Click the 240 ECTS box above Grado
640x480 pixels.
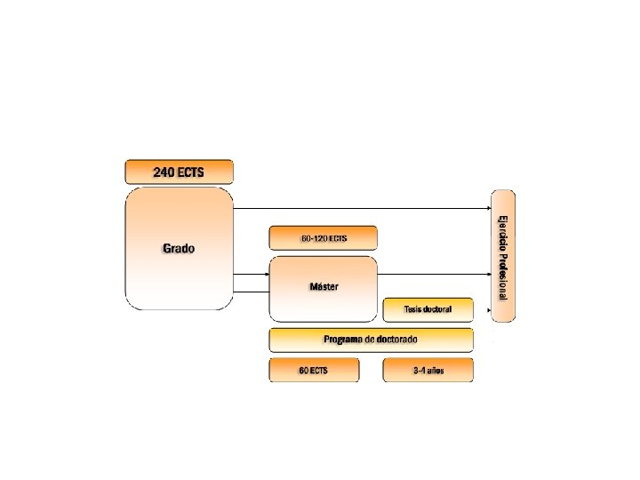coord(179,171)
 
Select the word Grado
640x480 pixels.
coord(178,248)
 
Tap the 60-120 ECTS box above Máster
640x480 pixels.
coord(323,237)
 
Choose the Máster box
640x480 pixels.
coord(323,288)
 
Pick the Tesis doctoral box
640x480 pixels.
coord(428,309)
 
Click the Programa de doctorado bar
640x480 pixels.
coord(371,340)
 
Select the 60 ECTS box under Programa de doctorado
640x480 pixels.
coord(314,370)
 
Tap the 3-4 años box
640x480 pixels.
coord(428,370)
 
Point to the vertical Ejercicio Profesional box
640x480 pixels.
coord(503,256)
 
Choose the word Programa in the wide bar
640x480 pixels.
coord(342,340)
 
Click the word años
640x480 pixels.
coord(435,370)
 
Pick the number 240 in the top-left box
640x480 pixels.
coord(165,171)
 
